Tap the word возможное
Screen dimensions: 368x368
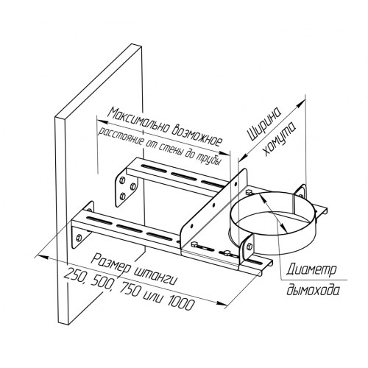(x=197, y=135)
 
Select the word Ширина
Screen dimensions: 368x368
(x=264, y=124)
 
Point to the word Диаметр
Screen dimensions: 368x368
(x=311, y=270)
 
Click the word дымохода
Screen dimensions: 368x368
(x=313, y=290)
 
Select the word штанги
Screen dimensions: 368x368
(x=155, y=277)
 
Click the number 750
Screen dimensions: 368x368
(x=128, y=289)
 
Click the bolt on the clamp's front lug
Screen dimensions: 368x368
(x=249, y=246)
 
